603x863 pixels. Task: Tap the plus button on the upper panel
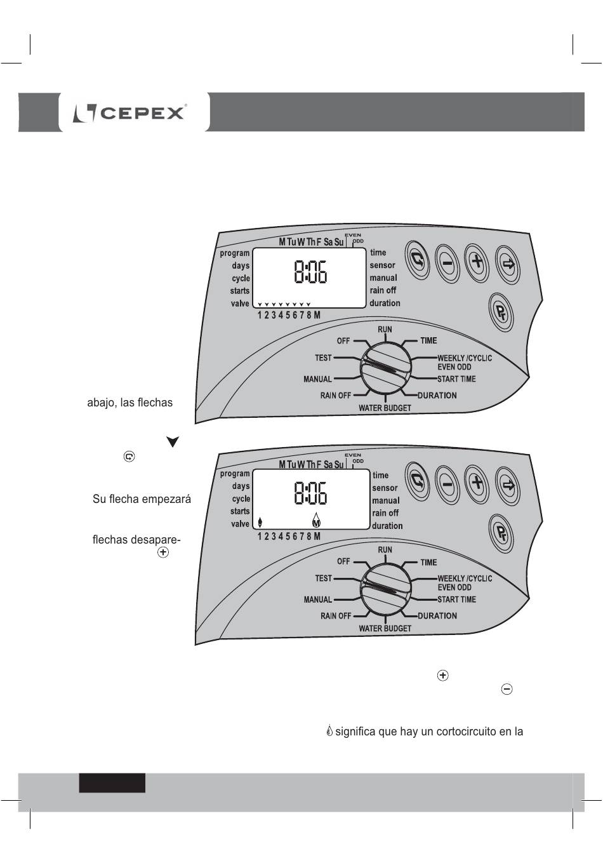pos(477,262)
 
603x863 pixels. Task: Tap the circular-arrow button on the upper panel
pos(418,261)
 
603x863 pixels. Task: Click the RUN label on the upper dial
pos(385,330)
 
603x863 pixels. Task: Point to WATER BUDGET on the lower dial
pos(385,629)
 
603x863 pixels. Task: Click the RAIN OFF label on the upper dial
pos(335,396)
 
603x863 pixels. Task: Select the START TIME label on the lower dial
pos(456,599)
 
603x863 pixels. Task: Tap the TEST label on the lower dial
pos(324,579)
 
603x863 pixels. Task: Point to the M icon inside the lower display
pos(317,523)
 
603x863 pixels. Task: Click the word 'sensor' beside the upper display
pos(382,265)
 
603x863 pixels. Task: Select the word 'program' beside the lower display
pos(235,474)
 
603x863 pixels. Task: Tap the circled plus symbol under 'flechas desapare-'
pos(163,553)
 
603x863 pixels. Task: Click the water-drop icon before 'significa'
pos(329,732)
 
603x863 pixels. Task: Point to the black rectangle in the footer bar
pos(112,783)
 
